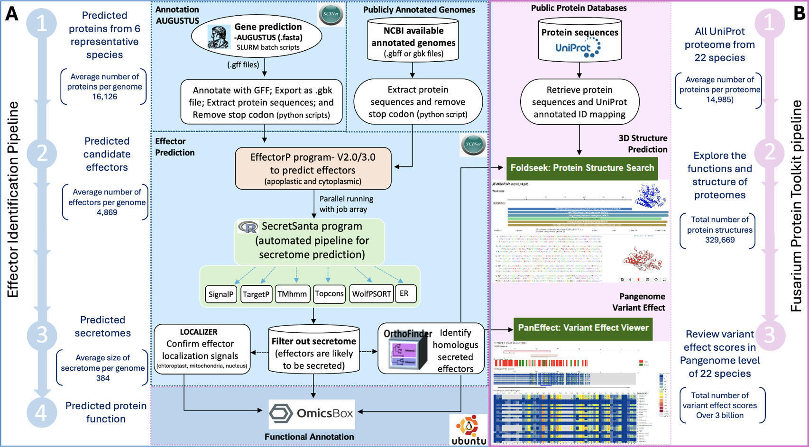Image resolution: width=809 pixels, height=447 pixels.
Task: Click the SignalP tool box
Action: coord(221,294)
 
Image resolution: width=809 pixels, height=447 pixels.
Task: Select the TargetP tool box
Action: coord(256,294)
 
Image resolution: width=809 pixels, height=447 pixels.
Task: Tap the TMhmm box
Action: coord(292,294)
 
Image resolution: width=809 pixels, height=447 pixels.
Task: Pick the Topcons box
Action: coord(329,294)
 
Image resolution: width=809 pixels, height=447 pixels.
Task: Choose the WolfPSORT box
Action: coord(371,294)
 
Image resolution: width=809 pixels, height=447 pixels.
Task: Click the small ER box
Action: coord(404,293)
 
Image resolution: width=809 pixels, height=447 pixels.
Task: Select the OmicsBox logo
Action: coord(311,413)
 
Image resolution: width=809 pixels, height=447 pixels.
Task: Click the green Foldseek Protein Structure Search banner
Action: coord(582,168)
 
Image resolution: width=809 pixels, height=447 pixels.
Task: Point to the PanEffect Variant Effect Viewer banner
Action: coord(583,328)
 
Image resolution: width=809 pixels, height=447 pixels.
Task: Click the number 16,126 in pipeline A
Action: coord(104,97)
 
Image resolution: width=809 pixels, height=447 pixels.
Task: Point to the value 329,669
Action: coord(719,240)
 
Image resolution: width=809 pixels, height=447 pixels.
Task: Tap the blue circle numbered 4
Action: coord(42,412)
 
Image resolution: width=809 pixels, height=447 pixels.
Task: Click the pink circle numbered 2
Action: coord(769,152)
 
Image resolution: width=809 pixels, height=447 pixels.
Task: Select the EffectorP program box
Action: coord(313,169)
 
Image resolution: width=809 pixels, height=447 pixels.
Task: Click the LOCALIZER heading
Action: coord(198,332)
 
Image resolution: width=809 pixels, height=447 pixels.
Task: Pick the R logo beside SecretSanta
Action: coord(248,227)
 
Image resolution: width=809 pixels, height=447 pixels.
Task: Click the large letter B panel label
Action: coord(799,13)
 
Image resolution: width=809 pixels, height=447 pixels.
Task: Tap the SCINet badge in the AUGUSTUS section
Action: coord(330,14)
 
